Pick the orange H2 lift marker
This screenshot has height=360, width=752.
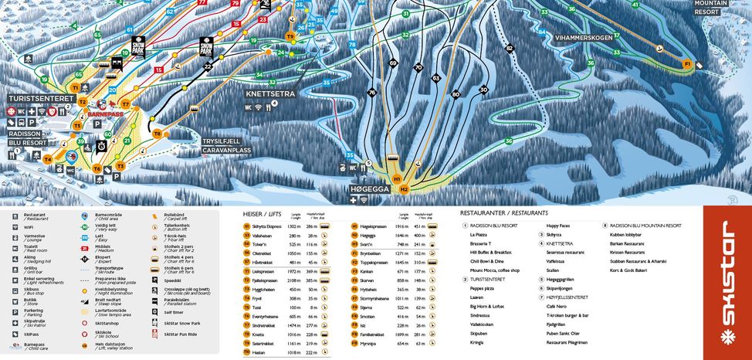point(404,188)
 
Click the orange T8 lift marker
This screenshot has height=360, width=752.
point(157,133)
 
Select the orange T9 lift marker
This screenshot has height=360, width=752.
point(290,36)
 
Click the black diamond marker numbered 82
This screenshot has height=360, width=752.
point(509,48)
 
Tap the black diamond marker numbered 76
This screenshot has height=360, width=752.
point(371,93)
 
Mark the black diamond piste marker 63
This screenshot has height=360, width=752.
point(435,78)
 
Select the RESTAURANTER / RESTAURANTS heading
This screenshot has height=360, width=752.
point(503,212)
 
